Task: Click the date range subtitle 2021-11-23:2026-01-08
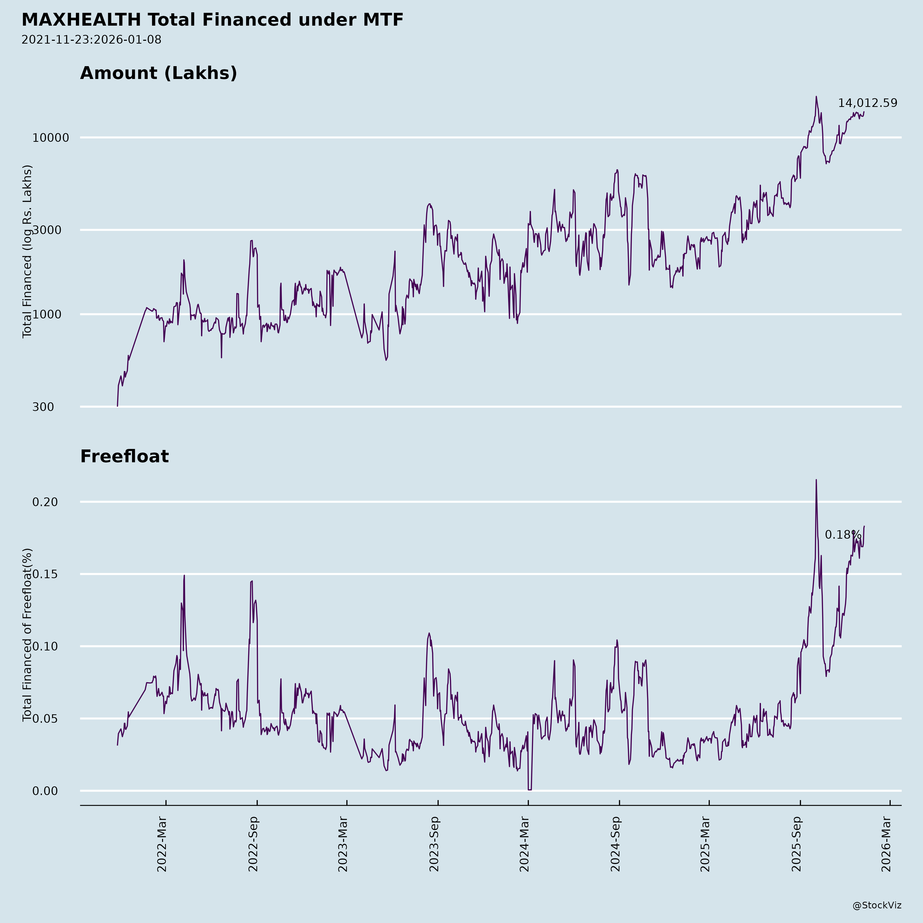click(91, 40)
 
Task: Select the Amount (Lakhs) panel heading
click(158, 73)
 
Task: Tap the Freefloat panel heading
click(124, 456)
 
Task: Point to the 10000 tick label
click(51, 138)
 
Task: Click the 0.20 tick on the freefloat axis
click(45, 502)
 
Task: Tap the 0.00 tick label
click(45, 791)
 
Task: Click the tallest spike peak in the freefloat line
click(816, 480)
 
